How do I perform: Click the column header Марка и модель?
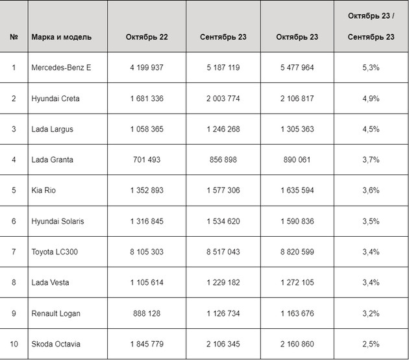pos(61,37)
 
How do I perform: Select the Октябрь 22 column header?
pos(147,37)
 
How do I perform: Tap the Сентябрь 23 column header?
pos(223,37)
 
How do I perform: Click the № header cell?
pos(14,37)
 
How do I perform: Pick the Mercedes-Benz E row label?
pos(61,68)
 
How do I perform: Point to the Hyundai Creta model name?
pos(55,99)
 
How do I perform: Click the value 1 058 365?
pos(147,129)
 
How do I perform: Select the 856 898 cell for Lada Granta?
pos(223,160)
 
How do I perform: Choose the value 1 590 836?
pos(297,221)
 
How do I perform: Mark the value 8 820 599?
pos(297,252)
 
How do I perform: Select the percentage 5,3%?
pos(371,68)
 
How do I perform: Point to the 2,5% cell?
pos(371,344)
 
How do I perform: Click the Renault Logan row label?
pos(56,313)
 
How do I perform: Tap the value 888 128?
pos(147,313)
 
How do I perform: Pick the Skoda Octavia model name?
pos(55,344)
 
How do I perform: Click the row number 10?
pos(14,344)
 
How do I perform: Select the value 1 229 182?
pos(223,283)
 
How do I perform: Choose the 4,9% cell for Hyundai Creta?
pos(371,99)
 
